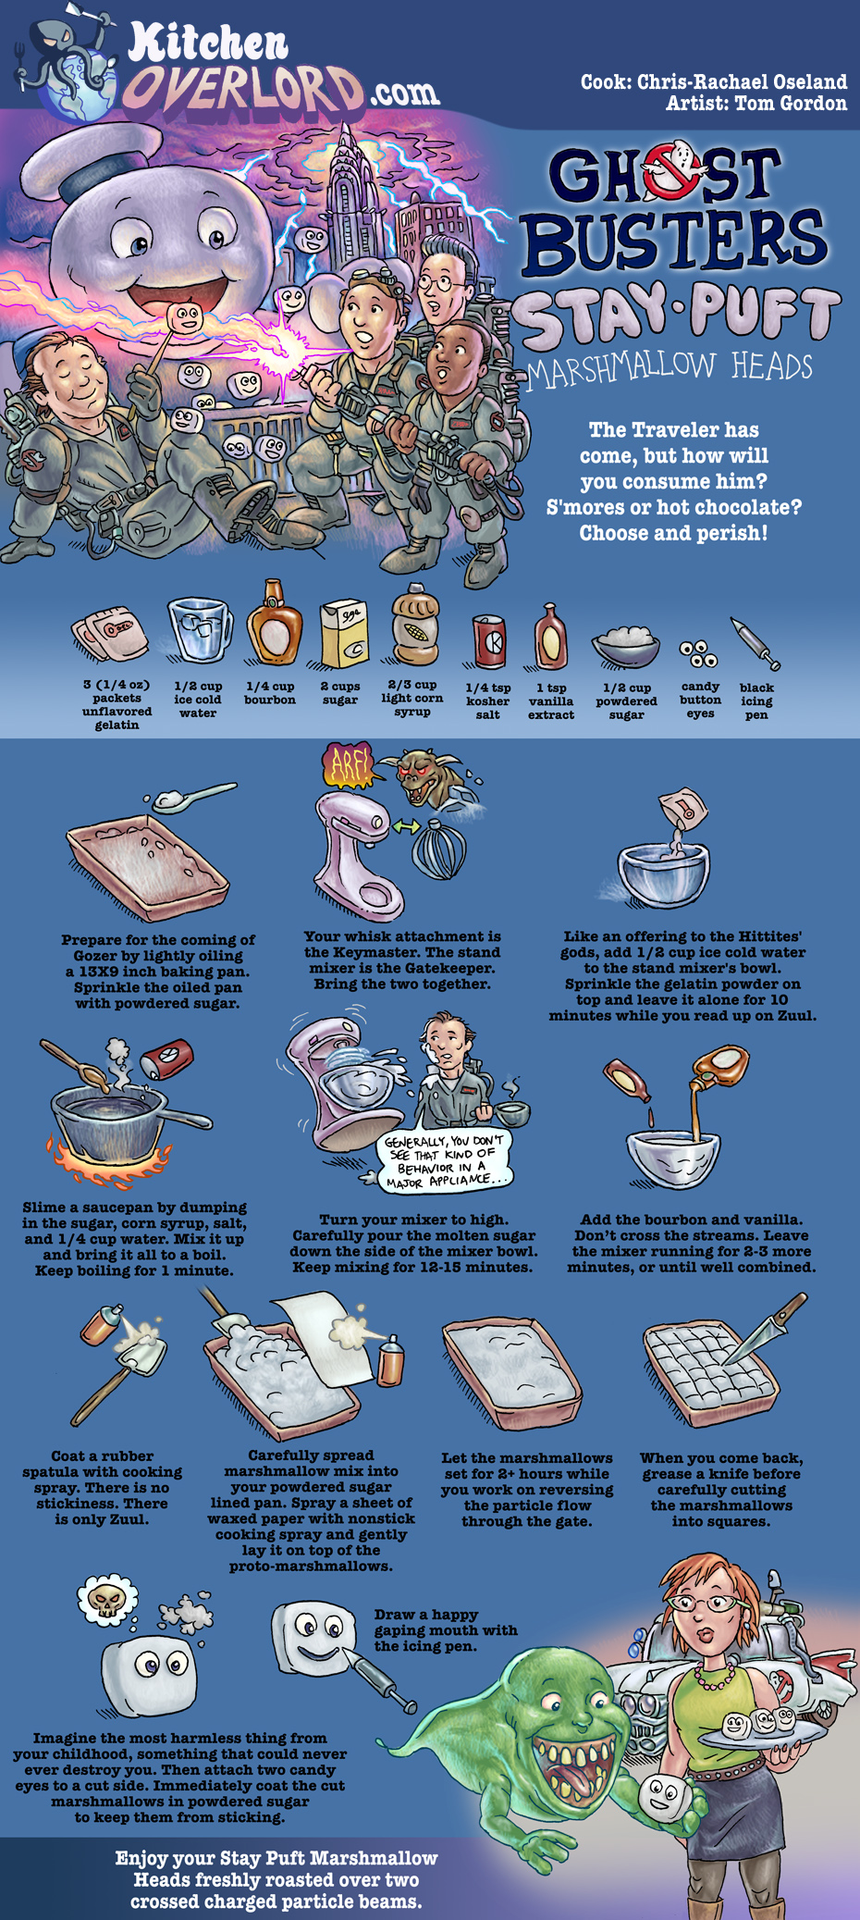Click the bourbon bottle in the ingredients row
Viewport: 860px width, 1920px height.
[273, 625]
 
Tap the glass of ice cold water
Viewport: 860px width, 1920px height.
[199, 631]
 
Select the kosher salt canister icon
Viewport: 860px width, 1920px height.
[488, 641]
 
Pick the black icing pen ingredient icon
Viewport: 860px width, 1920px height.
[756, 643]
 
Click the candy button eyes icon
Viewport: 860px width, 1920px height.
[700, 653]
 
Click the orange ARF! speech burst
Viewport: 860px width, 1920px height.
[346, 764]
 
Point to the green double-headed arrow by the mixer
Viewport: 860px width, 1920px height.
[405, 827]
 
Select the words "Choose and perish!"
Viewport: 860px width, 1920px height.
[673, 534]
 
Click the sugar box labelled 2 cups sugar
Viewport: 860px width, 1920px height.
[344, 633]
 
